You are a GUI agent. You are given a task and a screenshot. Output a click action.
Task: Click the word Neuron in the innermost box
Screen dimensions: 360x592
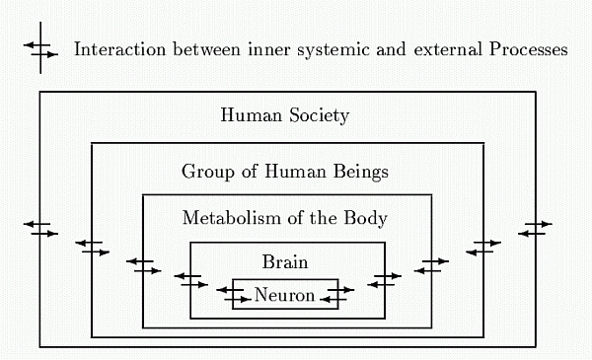(284, 295)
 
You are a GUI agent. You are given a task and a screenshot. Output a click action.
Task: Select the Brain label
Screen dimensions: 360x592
(285, 262)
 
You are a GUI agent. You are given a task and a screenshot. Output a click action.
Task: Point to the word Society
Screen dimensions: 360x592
(317, 115)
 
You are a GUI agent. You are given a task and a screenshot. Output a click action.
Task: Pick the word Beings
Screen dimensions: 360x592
(363, 172)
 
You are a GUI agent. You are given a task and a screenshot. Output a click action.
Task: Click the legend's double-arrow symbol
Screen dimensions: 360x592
(41, 49)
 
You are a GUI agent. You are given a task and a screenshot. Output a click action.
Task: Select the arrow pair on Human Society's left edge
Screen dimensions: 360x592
(40, 229)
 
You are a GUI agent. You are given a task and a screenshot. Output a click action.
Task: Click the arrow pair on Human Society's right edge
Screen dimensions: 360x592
(535, 229)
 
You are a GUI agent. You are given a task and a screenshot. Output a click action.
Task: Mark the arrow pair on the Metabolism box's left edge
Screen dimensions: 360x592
(143, 265)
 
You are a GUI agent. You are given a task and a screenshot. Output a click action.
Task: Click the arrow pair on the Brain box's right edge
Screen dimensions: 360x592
(384, 280)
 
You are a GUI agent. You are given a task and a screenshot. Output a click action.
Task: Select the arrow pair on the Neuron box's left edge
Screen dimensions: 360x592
(233, 294)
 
